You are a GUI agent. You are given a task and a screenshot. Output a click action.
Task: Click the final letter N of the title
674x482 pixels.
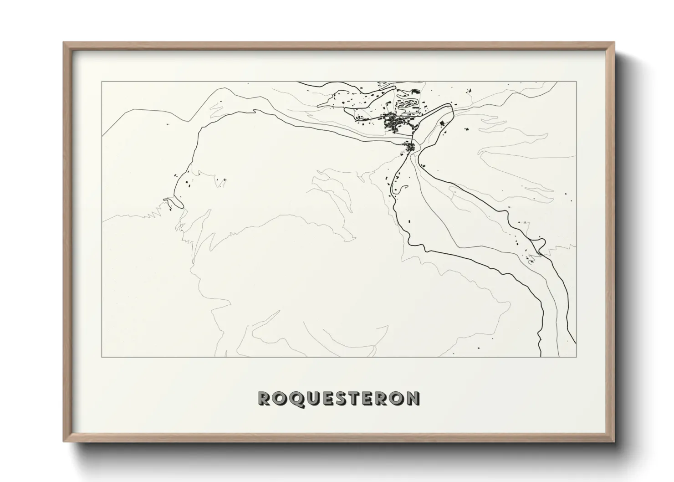[x=413, y=398]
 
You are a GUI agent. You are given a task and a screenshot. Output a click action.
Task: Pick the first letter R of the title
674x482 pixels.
[x=265, y=398]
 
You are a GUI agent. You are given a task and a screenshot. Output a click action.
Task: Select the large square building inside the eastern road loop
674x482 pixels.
[x=441, y=123]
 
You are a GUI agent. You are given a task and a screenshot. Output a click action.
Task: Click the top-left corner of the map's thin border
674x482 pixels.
[x=102, y=82]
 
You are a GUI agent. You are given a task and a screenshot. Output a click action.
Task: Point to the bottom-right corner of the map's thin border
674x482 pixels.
[x=577, y=357]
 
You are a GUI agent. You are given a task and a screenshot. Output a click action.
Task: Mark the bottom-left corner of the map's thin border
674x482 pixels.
[x=102, y=357]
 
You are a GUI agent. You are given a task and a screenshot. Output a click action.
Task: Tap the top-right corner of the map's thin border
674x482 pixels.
[x=577, y=82]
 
